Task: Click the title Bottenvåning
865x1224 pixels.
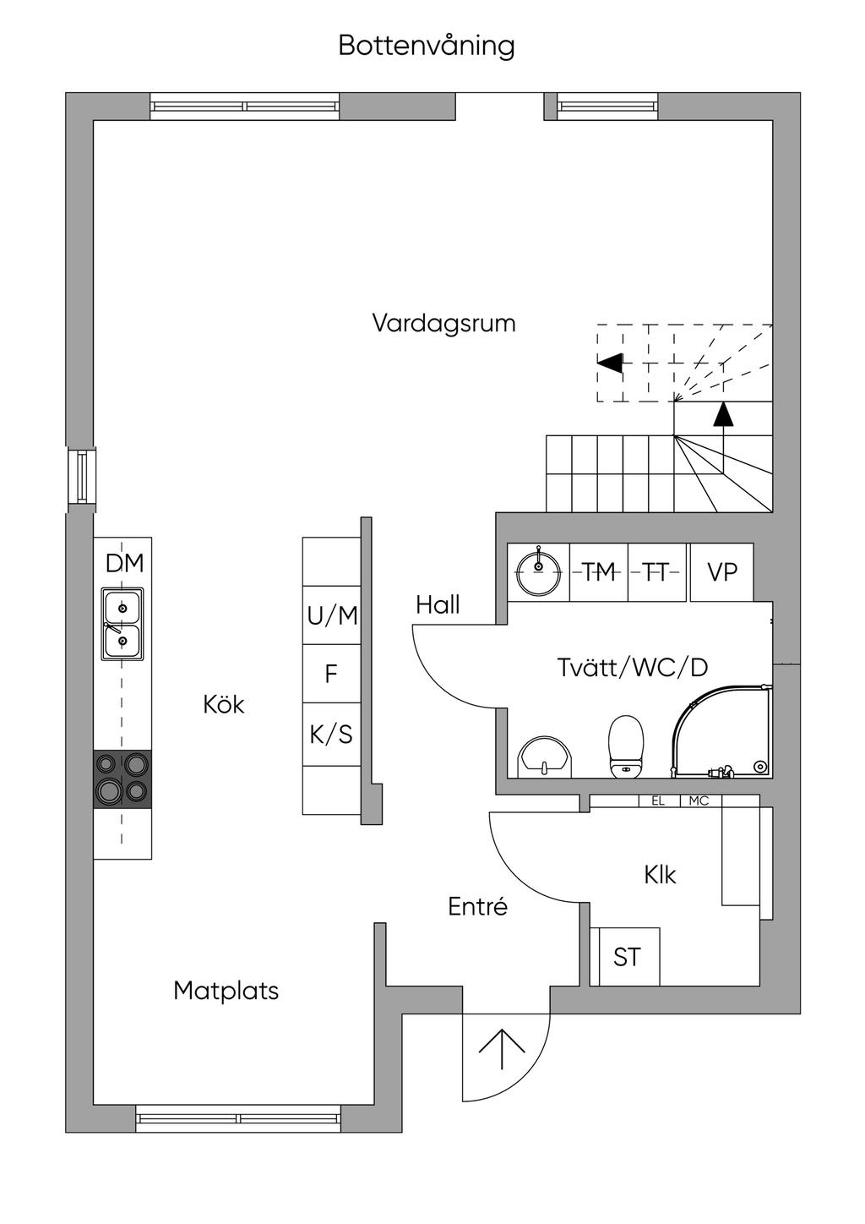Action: (427, 46)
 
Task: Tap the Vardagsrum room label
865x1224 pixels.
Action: (443, 323)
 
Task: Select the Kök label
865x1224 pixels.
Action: (223, 704)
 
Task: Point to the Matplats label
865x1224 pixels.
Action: (226, 991)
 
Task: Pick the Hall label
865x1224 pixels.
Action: (438, 604)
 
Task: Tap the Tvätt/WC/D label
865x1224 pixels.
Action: (633, 667)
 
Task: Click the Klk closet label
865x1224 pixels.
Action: (660, 875)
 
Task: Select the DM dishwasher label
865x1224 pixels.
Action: (124, 563)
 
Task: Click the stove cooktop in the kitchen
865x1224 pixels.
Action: (122, 779)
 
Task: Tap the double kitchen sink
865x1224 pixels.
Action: (122, 624)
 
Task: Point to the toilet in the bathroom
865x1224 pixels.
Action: (626, 746)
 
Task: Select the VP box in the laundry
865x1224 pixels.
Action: (722, 572)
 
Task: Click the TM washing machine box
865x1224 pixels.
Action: (599, 572)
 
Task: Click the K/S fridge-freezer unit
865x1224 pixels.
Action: (331, 735)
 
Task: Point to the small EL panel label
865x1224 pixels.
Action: (658, 801)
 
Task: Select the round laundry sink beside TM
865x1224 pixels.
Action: (539, 571)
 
